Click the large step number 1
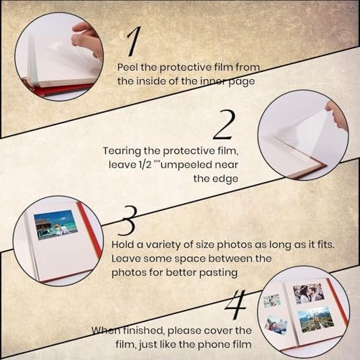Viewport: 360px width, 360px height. (134, 41)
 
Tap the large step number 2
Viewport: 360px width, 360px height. (225, 125)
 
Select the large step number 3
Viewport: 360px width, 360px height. (127, 221)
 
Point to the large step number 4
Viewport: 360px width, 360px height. (235, 305)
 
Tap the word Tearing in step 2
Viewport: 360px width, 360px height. (122, 151)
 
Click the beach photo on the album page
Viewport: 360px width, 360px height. (55, 225)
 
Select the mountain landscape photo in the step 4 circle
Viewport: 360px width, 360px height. (316, 320)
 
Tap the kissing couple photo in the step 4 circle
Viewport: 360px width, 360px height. (309, 293)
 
